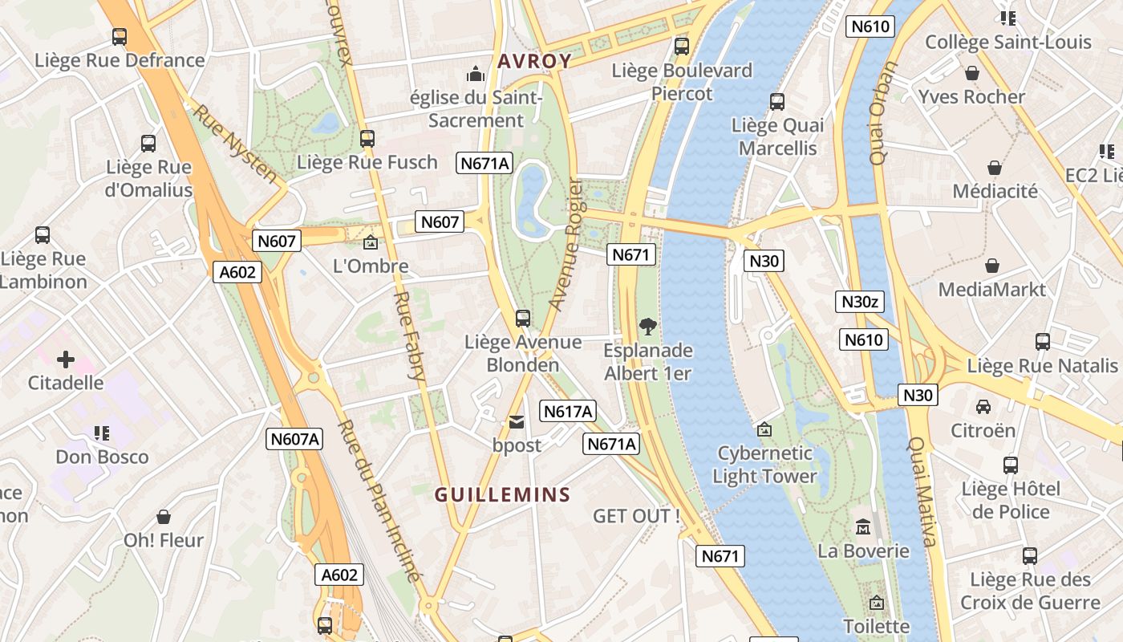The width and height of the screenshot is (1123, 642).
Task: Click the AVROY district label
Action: pyautogui.click(x=534, y=61)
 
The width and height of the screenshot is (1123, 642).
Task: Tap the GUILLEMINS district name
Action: pyautogui.click(x=502, y=495)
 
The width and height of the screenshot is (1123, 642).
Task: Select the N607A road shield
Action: pyautogui.click(x=294, y=439)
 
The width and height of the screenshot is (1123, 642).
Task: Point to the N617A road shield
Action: pyautogui.click(x=568, y=412)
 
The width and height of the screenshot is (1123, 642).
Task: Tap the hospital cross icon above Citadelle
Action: pyautogui.click(x=66, y=360)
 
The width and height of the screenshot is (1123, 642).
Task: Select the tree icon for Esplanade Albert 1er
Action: pyautogui.click(x=647, y=327)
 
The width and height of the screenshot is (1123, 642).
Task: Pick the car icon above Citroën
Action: pyautogui.click(x=983, y=407)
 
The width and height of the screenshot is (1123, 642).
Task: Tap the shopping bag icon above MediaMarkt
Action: pyautogui.click(x=992, y=266)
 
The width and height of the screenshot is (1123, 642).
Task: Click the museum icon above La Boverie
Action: pyautogui.click(x=863, y=527)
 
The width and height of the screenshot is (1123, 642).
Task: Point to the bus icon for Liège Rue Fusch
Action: pyautogui.click(x=367, y=139)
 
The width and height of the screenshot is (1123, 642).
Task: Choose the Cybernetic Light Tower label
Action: pyautogui.click(x=764, y=465)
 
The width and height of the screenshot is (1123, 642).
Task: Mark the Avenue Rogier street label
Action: pyautogui.click(x=565, y=245)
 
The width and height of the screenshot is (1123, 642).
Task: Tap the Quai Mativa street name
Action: pyautogui.click(x=922, y=491)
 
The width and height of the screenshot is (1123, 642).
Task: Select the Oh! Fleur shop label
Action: pyautogui.click(x=164, y=540)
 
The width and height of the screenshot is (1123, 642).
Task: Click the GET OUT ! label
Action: pyautogui.click(x=636, y=516)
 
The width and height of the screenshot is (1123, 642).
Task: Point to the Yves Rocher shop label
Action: pyautogui.click(x=971, y=97)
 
